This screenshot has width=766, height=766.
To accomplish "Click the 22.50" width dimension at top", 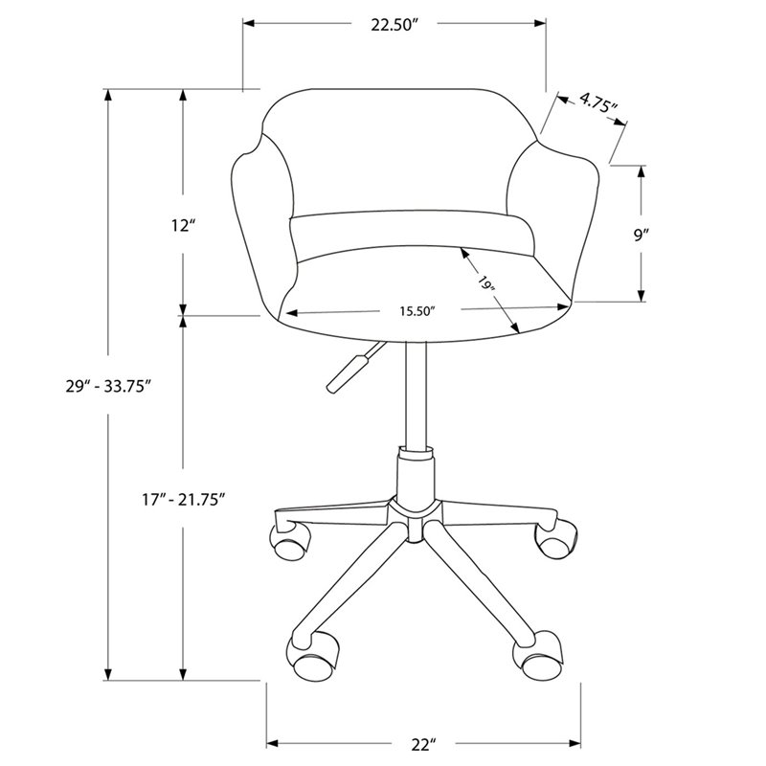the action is pos(395,25).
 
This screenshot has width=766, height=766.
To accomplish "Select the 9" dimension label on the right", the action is pos(641,235).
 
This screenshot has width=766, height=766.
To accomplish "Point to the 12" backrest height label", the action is pos(183,226).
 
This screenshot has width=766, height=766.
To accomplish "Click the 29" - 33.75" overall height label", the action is pos(108,387).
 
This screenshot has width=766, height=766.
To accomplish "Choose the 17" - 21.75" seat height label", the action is pos(183,500).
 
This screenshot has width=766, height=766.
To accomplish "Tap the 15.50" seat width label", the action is pos(417,311).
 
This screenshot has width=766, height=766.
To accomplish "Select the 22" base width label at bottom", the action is pos(423,745).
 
